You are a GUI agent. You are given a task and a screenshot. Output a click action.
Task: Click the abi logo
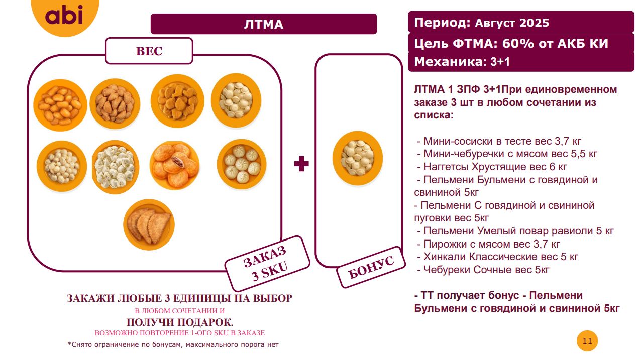tap(65, 16)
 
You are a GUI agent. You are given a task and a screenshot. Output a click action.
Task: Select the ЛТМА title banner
tap(264, 24)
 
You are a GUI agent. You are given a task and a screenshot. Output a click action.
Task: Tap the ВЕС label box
tap(149, 51)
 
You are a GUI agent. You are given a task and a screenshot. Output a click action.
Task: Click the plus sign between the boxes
tap(301, 164)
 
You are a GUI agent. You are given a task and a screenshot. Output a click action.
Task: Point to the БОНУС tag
tap(371, 267)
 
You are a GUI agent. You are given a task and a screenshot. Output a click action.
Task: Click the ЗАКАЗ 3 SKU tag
tap(267, 264)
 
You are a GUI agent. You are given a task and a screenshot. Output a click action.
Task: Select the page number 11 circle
tap(587, 341)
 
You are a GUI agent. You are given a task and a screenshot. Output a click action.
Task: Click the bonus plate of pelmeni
tap(358, 158)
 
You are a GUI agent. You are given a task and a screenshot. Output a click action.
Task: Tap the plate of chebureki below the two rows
tap(149, 224)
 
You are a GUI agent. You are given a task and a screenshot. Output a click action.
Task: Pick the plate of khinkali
tap(241, 165)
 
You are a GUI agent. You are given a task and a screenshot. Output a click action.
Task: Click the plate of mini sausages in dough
tap(60, 105)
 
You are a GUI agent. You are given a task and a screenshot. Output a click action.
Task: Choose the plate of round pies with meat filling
tap(175, 165)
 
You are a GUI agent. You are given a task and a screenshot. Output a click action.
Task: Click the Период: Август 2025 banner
tap(521, 22)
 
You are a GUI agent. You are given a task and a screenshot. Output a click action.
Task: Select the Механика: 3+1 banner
tap(521, 62)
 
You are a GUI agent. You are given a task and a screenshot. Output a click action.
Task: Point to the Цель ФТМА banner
tap(521, 43)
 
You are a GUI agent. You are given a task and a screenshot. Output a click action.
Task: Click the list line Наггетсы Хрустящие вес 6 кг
tap(492, 167)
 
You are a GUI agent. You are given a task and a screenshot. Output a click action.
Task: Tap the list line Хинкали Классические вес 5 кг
tap(498, 257)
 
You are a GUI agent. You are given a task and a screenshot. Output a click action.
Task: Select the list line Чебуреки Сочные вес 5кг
tap(483, 269)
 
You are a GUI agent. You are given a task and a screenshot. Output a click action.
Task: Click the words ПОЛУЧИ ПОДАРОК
tap(180, 322)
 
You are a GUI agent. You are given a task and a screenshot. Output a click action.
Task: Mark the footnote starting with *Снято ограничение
tap(173, 344)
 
